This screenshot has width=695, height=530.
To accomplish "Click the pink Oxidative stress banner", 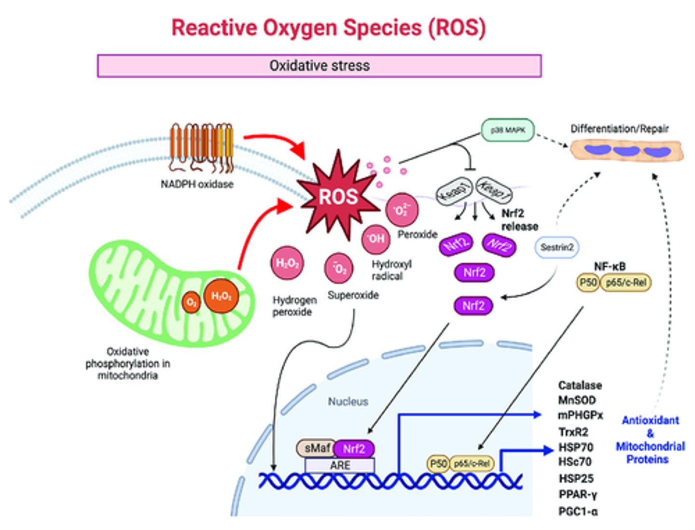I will tap(319, 66).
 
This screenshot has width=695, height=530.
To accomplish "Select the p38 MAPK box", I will tap(508, 130).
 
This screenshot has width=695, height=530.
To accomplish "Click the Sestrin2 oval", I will tap(556, 247).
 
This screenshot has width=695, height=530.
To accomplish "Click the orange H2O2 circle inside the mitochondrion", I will tap(222, 296).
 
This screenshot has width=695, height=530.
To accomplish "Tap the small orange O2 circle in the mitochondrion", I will tap(191, 303).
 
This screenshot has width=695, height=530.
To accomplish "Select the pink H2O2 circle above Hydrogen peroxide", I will tap(287, 263).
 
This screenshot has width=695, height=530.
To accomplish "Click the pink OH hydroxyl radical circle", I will tap(376, 238).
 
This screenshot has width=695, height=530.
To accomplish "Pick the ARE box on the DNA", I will tap(340, 465).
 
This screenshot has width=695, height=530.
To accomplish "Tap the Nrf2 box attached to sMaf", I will tap(354, 449).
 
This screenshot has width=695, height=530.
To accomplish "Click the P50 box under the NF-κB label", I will tap(588, 282).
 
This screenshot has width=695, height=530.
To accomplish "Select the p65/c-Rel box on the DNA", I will tap(472, 464).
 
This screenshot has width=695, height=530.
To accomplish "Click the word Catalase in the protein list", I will tap(580, 386).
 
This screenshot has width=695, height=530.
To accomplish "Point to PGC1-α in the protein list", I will tap(578, 511).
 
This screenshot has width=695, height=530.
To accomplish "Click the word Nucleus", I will tap(348, 401).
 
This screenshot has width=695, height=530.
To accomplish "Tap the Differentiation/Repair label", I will tap(619, 129).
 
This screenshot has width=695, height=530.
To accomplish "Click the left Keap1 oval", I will tap(454, 191).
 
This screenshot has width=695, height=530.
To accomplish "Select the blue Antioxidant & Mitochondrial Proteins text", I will tap(650, 440).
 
